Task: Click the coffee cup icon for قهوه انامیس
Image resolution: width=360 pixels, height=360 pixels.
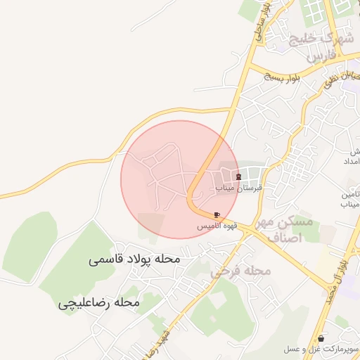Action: [217, 214]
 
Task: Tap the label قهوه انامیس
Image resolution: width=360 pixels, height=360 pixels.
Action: [215, 226]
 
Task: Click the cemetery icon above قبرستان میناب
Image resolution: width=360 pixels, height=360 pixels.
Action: [238, 176]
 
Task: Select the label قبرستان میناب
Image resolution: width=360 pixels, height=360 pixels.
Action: [241, 188]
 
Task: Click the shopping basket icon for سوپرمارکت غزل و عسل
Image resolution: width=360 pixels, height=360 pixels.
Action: [321, 338]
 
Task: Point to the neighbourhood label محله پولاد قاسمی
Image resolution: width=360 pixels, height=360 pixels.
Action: [135, 259]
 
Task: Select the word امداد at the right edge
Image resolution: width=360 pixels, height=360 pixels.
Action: [352, 162]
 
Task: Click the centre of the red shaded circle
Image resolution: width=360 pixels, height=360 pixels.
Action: [180, 179]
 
